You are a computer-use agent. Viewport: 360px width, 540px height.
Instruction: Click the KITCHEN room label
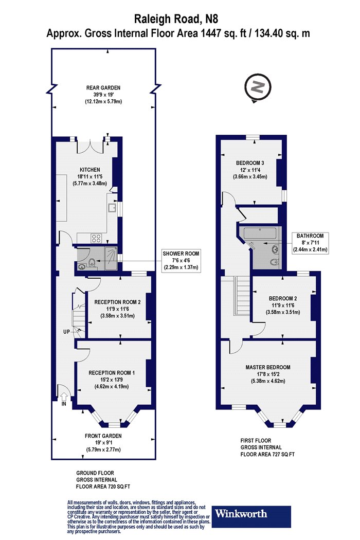90,169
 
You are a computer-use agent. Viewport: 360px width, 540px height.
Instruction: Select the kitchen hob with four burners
96,238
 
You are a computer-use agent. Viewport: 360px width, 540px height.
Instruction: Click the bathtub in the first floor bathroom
261,233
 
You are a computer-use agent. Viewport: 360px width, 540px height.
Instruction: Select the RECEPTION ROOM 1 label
112,373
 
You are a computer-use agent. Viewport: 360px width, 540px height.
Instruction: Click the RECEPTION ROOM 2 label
117,302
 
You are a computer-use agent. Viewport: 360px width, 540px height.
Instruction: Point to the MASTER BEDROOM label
268,367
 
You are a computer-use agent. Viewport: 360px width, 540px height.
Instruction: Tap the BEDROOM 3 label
250,163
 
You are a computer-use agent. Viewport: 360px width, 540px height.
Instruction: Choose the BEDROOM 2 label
283,299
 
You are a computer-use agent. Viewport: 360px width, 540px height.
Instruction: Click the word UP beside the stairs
66,332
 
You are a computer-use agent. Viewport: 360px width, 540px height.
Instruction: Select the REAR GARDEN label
103,88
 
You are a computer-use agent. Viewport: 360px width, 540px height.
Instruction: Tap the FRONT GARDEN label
103,436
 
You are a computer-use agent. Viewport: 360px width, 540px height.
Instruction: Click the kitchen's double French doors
91,147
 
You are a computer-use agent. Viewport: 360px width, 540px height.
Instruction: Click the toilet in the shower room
92,263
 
